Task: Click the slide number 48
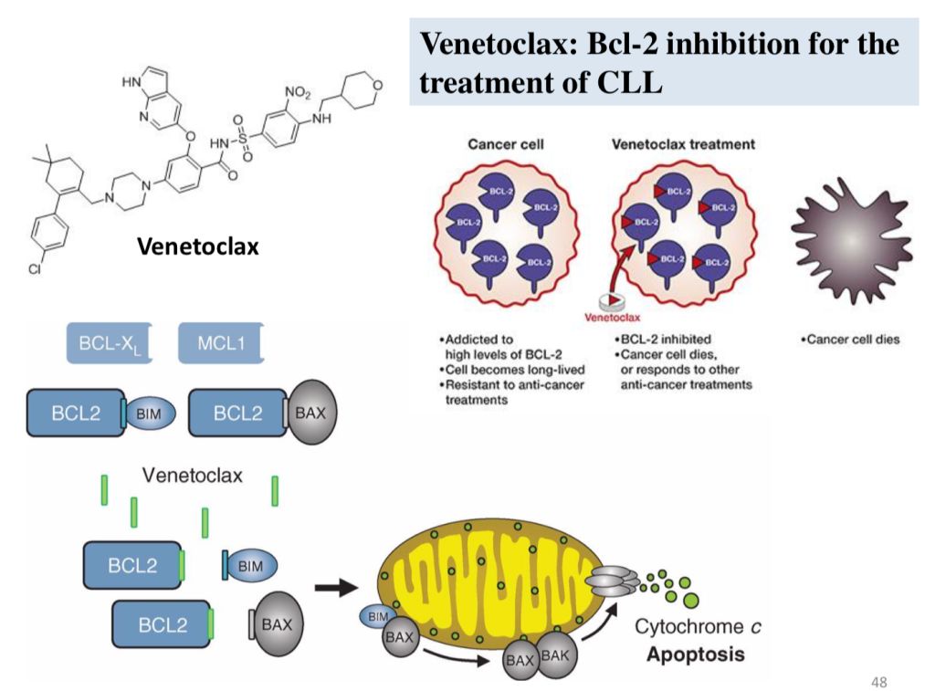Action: point(880,682)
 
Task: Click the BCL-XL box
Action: point(109,344)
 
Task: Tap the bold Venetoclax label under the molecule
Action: point(198,246)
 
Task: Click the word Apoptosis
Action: point(696,654)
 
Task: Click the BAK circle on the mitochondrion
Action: point(556,655)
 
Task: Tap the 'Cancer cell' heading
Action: point(506,144)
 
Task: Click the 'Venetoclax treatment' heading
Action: point(683,144)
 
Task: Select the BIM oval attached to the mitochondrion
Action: point(379,618)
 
